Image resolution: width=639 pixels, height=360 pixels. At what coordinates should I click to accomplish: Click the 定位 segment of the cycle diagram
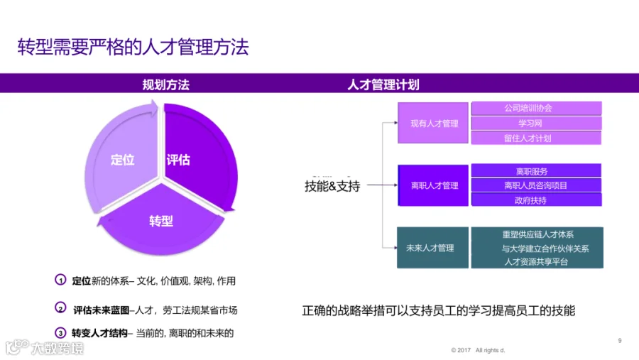tap(122, 159)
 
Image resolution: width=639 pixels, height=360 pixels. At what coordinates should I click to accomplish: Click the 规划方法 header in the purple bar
tap(166, 84)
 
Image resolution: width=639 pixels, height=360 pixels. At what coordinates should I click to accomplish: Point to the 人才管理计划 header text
tap(383, 84)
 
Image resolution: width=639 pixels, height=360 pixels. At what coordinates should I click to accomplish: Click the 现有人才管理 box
tap(433, 123)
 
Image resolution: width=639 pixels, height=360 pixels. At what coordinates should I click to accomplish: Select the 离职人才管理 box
tap(433, 185)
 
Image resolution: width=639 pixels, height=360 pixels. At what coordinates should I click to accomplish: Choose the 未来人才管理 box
tap(432, 248)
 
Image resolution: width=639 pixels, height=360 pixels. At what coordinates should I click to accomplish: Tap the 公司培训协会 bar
tap(536, 108)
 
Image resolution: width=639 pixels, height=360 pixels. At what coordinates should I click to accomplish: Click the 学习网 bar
tap(536, 123)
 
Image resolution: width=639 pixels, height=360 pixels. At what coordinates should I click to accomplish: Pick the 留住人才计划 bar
tap(536, 138)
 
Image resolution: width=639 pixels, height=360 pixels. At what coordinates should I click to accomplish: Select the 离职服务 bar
tap(536, 170)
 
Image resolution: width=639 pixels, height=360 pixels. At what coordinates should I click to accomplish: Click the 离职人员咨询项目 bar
tap(536, 185)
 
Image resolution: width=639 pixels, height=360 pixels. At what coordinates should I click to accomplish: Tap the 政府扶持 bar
tap(536, 200)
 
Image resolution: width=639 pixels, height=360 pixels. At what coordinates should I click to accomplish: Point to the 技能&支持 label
tap(332, 186)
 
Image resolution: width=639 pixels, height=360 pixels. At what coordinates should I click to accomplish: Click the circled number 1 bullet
tap(60, 280)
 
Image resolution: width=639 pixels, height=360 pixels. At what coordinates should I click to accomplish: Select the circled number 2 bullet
tap(60, 308)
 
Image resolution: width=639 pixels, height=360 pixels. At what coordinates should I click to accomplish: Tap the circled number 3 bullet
tap(60, 333)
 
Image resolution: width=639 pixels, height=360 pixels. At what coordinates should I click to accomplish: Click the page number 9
tap(619, 340)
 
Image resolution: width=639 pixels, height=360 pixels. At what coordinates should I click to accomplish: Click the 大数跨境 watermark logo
tap(45, 347)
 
